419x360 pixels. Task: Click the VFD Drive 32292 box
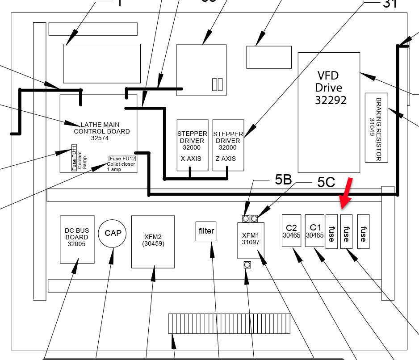click(329, 112)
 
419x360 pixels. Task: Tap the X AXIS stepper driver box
click(193, 145)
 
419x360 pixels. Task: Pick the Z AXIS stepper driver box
click(228, 145)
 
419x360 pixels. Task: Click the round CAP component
click(113, 233)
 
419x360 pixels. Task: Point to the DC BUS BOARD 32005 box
click(77, 239)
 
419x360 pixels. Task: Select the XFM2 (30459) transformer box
click(153, 242)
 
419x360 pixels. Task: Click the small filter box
click(206, 231)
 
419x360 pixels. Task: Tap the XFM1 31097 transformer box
click(251, 240)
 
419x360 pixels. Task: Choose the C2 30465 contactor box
click(292, 230)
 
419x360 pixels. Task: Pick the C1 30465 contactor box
click(314, 230)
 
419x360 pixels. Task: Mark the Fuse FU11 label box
click(74, 158)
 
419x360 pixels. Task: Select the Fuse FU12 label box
click(122, 159)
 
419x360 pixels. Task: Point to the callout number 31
click(390, 4)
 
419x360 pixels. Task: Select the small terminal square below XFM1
click(247, 265)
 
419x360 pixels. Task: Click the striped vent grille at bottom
click(228, 323)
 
